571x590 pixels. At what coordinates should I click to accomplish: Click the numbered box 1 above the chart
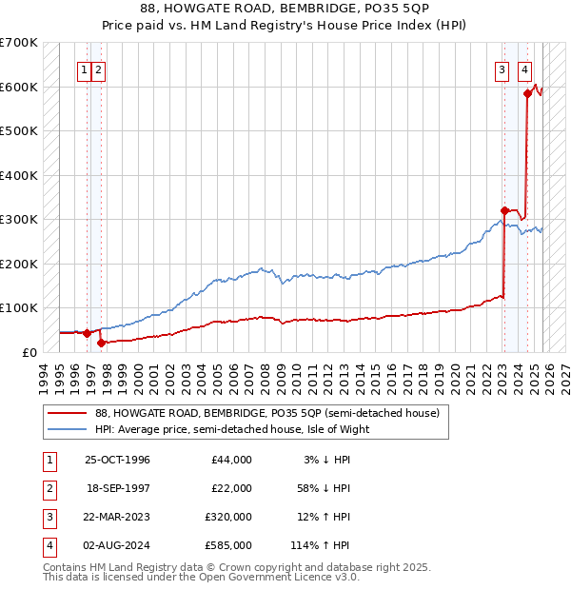(85, 69)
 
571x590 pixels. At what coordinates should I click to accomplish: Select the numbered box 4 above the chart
(524, 69)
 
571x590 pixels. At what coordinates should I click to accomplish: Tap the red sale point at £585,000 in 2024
(526, 93)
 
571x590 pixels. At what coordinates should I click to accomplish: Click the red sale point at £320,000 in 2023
(504, 210)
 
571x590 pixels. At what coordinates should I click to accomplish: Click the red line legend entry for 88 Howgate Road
(266, 414)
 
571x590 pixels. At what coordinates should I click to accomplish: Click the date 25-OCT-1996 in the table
(117, 460)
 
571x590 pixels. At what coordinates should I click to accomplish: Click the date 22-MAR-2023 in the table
(117, 518)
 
